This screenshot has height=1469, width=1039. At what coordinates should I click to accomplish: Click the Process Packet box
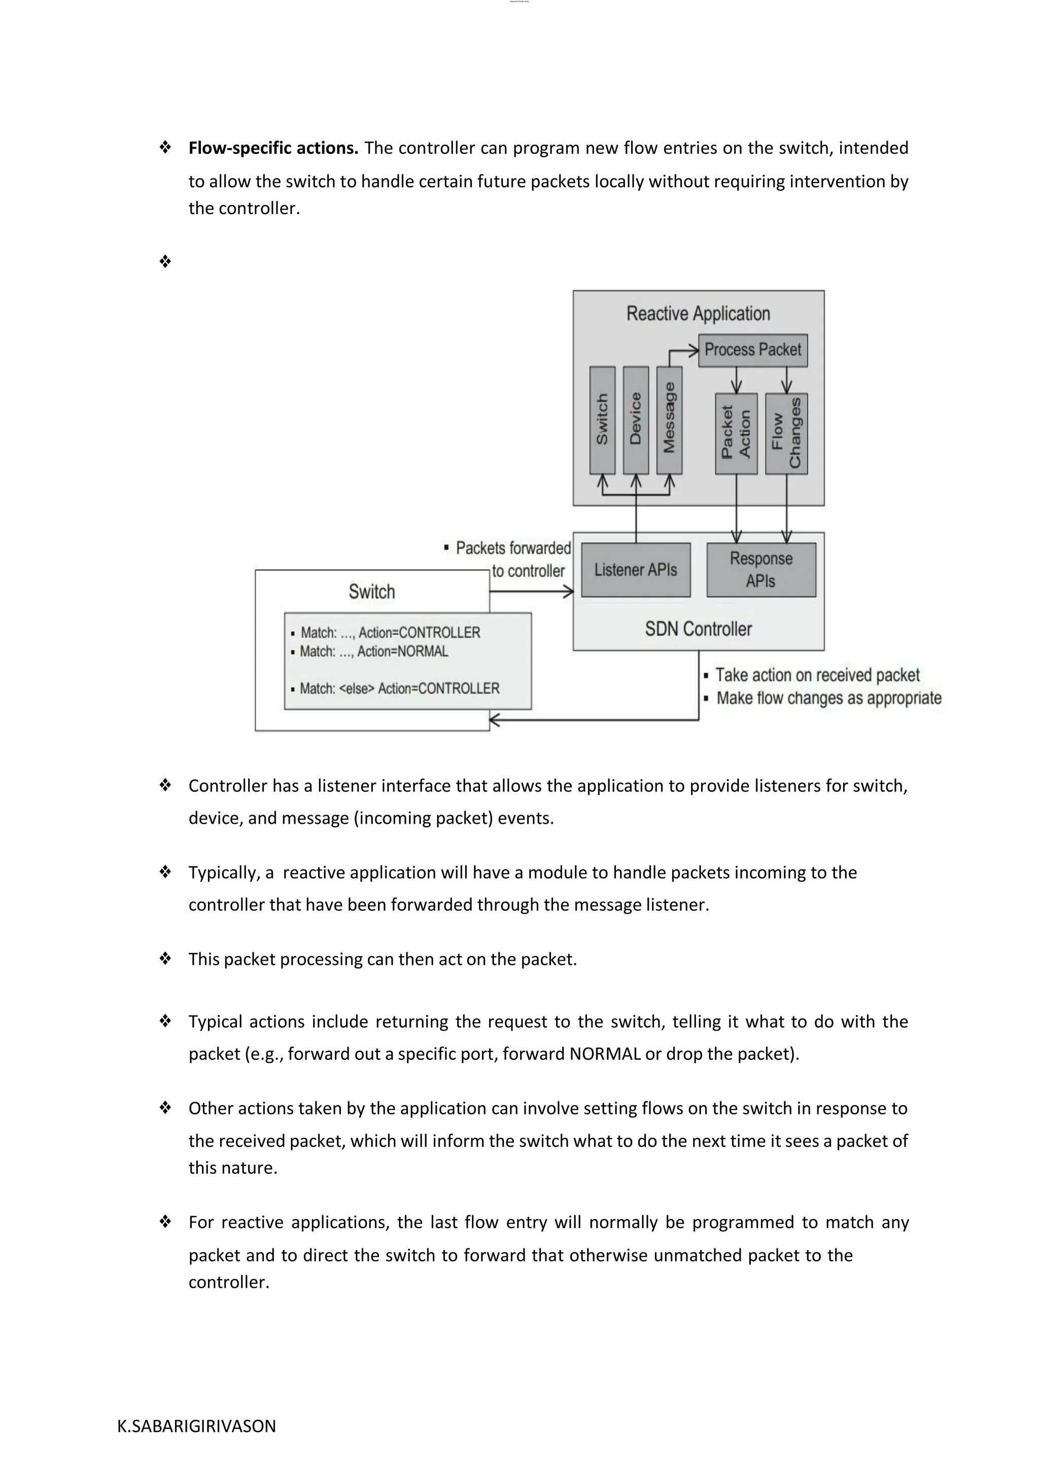(x=752, y=350)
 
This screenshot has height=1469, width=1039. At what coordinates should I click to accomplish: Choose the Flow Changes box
(x=786, y=433)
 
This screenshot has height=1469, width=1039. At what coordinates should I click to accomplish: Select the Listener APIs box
(x=635, y=570)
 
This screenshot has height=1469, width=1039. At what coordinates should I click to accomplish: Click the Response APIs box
(x=760, y=570)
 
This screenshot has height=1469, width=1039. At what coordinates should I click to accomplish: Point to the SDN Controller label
(x=698, y=629)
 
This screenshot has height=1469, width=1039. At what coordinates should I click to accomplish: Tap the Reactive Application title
(x=698, y=313)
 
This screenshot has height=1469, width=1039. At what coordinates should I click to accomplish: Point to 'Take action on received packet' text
(x=817, y=675)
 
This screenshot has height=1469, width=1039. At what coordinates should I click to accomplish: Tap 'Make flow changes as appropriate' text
(x=828, y=698)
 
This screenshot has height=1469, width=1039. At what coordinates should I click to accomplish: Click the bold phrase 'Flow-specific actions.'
(x=273, y=149)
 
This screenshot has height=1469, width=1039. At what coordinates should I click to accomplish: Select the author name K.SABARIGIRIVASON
(x=196, y=1426)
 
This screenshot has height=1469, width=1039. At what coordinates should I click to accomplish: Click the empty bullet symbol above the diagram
(x=165, y=261)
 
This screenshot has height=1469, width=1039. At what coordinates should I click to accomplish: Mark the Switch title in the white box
(x=372, y=591)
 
